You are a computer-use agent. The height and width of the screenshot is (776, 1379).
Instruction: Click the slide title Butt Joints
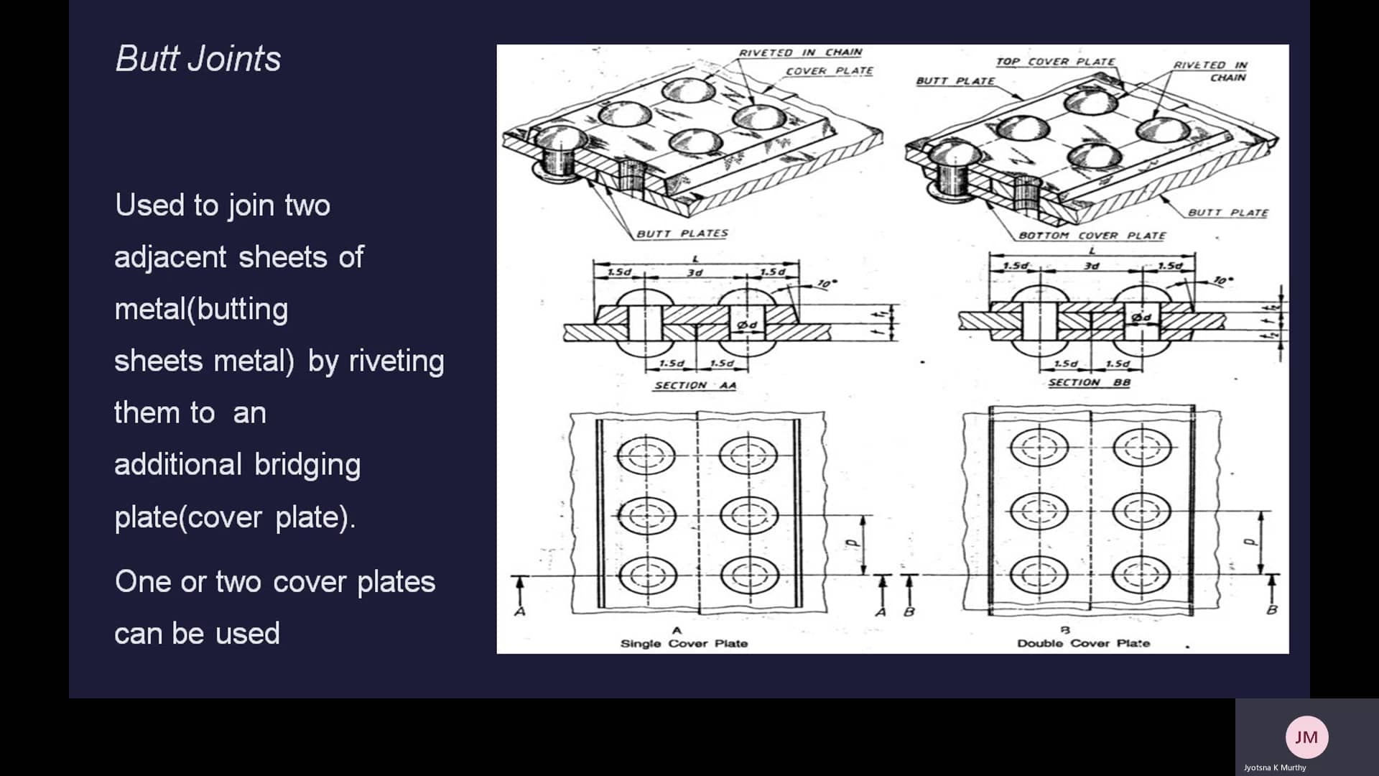point(198,59)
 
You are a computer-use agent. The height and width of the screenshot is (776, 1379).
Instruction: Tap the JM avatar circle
point(1306,736)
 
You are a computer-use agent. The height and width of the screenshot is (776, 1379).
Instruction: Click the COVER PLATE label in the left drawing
point(829,71)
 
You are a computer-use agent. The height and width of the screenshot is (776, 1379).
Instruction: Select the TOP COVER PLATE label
point(1055,62)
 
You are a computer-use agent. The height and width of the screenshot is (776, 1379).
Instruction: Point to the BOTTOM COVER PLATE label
point(1092,236)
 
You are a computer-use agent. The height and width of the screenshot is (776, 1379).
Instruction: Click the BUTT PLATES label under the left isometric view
point(682,234)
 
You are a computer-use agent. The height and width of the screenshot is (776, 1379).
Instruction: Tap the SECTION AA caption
point(695,386)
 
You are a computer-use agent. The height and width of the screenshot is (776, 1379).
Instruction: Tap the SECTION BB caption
point(1089,383)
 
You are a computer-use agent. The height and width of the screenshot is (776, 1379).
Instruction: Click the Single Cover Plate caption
point(684,644)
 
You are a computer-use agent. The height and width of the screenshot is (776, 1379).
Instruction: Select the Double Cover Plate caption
point(1083,644)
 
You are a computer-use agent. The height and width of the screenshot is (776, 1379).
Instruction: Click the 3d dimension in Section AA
point(695,273)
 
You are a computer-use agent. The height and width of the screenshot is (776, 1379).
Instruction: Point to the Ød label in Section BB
point(1141,318)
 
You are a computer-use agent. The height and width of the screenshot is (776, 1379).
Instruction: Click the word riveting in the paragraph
point(396,361)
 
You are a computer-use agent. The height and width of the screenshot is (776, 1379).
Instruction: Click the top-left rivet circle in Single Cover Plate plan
point(646,455)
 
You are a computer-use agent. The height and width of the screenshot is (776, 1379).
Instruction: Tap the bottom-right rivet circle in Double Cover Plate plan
point(1141,574)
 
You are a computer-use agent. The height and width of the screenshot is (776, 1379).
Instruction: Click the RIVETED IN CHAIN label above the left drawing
point(800,52)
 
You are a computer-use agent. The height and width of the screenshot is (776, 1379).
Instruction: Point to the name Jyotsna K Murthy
point(1275,767)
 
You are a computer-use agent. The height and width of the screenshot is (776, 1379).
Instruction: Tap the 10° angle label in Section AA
point(827,285)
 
